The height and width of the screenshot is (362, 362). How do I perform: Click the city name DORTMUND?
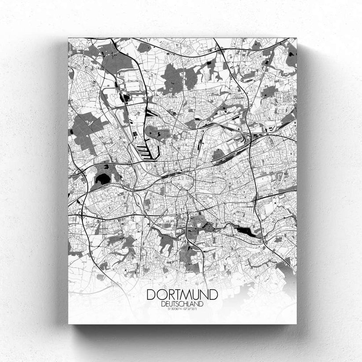[x=181, y=294]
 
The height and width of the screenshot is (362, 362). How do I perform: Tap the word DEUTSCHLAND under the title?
[x=181, y=303]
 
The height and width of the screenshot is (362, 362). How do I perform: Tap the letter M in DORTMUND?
[x=185, y=294]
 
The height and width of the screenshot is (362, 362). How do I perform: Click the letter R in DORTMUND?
[x=166, y=294]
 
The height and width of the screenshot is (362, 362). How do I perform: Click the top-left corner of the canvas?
[x=69, y=38]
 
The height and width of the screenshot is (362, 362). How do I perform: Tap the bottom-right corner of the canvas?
[x=296, y=324]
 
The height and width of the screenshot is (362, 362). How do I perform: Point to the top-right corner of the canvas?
[x=296, y=38]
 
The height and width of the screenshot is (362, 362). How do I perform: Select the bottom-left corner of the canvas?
[x=69, y=324]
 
